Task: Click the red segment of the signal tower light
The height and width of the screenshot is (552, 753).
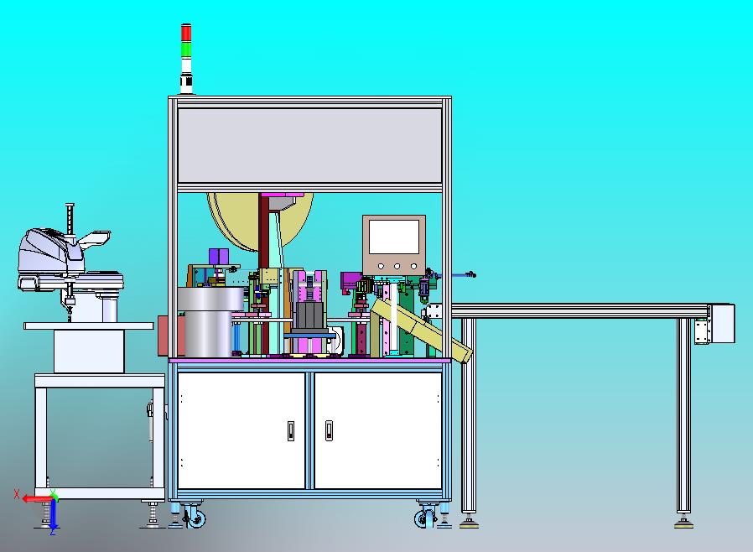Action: [x=186, y=34]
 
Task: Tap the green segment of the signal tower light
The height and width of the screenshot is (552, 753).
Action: [x=186, y=50]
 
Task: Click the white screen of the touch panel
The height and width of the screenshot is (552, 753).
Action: [x=394, y=237]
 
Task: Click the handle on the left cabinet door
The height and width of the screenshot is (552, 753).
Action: [x=290, y=430]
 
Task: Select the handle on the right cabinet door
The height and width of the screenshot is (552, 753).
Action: [x=329, y=430]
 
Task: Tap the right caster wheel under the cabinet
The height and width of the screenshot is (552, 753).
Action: [x=424, y=518]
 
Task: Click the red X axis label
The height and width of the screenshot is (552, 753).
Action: [x=17, y=494]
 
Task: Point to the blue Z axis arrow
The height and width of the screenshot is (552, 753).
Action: [x=54, y=514]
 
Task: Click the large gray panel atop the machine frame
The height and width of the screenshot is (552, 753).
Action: [x=309, y=146]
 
